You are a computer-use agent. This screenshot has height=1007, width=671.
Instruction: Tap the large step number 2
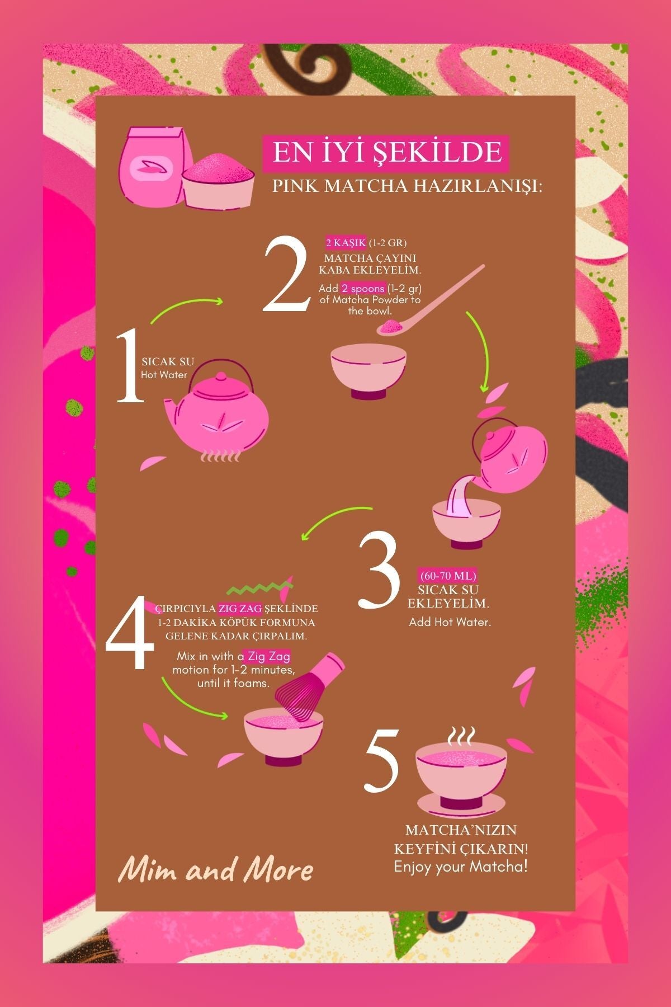click(286, 275)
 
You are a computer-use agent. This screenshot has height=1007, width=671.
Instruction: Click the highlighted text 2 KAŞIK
click(346, 243)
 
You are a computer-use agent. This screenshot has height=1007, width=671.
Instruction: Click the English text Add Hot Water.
click(450, 622)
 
